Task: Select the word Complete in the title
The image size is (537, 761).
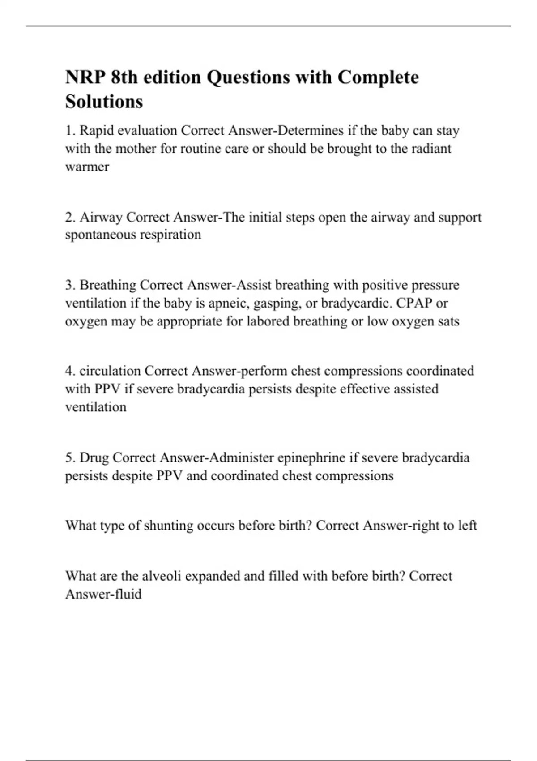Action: [378, 77]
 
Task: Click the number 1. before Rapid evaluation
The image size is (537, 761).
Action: [71, 131]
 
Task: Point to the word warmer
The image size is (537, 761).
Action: [87, 167]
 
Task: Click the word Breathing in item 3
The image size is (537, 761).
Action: [108, 285]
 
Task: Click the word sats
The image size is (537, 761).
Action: [448, 321]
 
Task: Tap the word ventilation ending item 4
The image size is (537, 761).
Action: [96, 407]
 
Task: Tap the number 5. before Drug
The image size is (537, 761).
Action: [71, 458]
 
